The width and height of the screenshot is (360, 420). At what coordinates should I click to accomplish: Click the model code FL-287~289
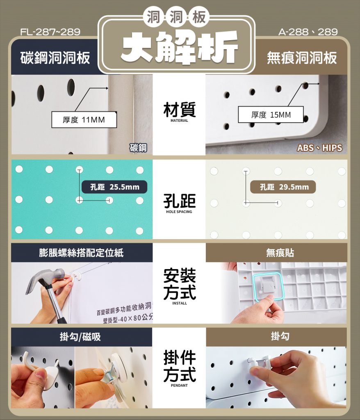50,32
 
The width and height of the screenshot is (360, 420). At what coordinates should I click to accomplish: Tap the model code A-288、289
308,32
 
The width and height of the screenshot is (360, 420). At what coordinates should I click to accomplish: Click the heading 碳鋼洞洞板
55,57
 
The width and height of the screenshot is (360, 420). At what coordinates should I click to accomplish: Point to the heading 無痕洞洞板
302,57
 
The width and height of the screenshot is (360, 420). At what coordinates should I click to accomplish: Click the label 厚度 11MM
84,120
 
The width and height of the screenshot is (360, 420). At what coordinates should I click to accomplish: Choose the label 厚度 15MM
271,115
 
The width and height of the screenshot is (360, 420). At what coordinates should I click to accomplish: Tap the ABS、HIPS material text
319,148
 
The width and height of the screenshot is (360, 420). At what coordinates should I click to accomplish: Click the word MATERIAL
179,121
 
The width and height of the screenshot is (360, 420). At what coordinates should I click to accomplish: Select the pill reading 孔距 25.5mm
114,187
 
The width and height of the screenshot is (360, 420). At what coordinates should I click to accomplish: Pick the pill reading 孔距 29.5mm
283,187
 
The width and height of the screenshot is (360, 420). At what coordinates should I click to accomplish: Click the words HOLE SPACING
179,212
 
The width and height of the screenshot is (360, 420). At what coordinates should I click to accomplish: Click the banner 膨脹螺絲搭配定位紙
82,253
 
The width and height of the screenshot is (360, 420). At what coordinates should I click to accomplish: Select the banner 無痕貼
280,253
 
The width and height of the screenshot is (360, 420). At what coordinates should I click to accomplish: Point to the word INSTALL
180,303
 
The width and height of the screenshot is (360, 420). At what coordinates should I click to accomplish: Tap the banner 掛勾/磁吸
80,337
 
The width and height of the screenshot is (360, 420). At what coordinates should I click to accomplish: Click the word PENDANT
179,386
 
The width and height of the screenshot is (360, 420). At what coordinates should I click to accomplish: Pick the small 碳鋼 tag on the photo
138,148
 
